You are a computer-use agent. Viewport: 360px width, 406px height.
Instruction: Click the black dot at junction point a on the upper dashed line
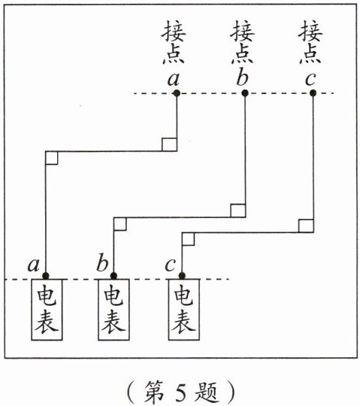[177, 93]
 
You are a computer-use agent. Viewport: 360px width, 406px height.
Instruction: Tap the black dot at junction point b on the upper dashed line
[245, 93]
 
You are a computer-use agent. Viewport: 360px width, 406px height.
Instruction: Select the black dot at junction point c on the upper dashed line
[313, 93]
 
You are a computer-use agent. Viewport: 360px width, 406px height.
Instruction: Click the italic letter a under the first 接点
[174, 79]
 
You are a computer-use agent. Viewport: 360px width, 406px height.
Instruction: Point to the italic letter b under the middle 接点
[242, 77]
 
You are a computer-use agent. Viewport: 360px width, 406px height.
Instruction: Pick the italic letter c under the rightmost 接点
[310, 79]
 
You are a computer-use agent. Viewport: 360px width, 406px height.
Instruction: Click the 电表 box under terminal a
[47, 310]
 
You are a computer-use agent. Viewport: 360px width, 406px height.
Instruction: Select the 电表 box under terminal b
[113, 310]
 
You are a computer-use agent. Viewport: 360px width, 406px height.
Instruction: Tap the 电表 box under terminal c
[184, 310]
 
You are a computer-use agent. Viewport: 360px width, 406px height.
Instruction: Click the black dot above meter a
[46, 275]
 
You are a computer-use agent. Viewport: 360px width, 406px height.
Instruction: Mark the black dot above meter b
[113, 275]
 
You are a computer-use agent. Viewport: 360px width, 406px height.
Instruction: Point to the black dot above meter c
[182, 275]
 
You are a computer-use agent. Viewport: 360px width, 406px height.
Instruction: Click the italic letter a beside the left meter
[34, 265]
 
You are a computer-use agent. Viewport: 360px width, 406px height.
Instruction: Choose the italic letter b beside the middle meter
[102, 263]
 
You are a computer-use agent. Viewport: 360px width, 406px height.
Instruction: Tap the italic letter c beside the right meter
[171, 265]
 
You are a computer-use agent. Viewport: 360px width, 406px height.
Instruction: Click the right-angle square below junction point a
[170, 144]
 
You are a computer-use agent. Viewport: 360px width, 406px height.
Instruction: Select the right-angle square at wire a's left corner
[52, 158]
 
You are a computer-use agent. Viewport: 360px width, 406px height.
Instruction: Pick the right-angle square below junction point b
[237, 211]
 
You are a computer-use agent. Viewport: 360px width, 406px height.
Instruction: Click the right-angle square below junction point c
[306, 226]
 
